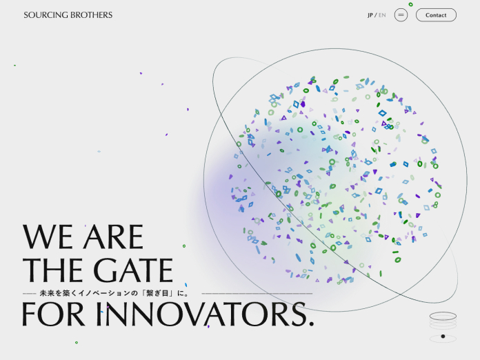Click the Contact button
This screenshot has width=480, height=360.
[x=436, y=15]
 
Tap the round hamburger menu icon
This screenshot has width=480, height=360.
[x=401, y=15]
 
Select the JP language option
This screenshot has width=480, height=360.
[x=370, y=15]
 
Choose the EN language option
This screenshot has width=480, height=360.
[x=382, y=15]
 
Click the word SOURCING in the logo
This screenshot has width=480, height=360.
[x=46, y=15]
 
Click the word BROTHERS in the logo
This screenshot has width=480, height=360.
[x=91, y=15]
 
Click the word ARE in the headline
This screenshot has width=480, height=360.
[x=113, y=237]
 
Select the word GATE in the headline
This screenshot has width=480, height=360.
[x=133, y=270]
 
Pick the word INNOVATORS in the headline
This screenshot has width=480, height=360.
[x=201, y=314]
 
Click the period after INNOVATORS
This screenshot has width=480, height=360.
[x=312, y=323]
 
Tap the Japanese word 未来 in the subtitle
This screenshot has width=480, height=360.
[x=47, y=293]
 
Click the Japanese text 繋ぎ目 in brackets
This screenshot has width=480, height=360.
[x=158, y=293]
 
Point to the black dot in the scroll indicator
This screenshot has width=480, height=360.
[x=443, y=337]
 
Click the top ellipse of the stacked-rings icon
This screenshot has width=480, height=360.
[x=443, y=316]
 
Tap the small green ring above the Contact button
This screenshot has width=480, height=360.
[x=411, y=4]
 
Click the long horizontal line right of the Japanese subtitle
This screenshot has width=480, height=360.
[x=257, y=294]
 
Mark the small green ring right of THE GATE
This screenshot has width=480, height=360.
[x=184, y=246]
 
